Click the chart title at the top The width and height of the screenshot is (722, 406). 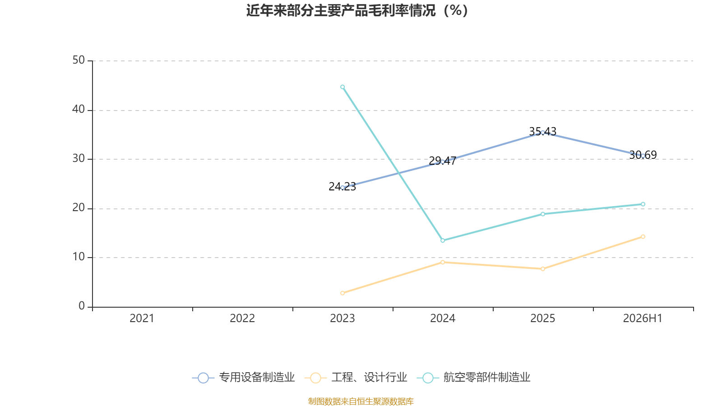[357, 11]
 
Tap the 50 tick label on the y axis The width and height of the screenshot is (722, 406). [79, 60]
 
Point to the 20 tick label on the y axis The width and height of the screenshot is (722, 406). [79, 208]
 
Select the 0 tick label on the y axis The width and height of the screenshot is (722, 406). [82, 306]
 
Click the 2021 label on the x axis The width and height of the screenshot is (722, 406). [142, 318]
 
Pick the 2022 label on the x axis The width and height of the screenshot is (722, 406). [242, 318]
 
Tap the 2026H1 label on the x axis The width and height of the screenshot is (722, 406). [643, 318]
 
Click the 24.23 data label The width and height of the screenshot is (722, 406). [342, 187]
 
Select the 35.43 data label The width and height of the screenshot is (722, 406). [543, 131]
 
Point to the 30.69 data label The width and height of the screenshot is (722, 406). [643, 155]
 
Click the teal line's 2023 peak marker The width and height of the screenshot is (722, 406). [342, 87]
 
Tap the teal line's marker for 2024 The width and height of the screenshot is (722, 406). [443, 240]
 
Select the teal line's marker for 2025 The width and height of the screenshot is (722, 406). [543, 214]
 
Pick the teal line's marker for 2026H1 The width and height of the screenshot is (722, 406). [643, 204]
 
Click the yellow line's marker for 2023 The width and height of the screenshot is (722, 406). [342, 293]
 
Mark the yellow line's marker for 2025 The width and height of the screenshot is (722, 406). [543, 269]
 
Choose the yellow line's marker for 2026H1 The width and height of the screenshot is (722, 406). [643, 237]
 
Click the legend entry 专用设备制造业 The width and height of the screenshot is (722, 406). [243, 377]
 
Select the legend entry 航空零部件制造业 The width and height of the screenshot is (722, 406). [473, 377]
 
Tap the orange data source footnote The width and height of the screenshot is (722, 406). [361, 401]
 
